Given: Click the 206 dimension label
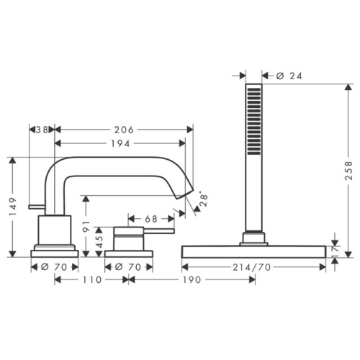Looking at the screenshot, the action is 124,130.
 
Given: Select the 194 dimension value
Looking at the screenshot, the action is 120,143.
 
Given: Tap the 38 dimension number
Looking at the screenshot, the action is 41,130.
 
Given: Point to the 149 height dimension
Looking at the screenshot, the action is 13,207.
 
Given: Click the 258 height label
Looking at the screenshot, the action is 348,171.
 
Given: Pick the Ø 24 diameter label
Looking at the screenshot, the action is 289,76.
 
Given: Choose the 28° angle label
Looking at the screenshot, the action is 204,200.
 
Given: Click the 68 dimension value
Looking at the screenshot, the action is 151,219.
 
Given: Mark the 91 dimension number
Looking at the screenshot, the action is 86,227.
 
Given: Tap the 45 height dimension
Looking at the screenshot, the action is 99,241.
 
